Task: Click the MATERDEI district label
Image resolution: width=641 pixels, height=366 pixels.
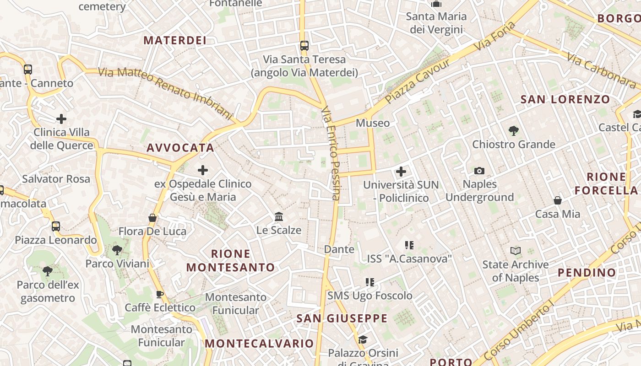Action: pyautogui.click(x=175, y=40)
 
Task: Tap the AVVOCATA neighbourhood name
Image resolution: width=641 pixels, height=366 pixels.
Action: pyautogui.click(x=180, y=148)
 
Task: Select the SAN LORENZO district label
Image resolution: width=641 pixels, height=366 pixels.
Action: pyautogui.click(x=565, y=99)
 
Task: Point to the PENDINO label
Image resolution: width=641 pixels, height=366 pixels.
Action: pyautogui.click(x=587, y=273)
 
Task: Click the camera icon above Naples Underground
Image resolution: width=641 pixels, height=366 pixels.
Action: pyautogui.click(x=479, y=171)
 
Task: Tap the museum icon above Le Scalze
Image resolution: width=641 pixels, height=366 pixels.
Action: pyautogui.click(x=279, y=216)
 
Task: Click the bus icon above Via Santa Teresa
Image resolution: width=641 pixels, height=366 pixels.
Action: pyautogui.click(x=304, y=46)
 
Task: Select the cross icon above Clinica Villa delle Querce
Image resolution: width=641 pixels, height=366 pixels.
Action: pyautogui.click(x=61, y=119)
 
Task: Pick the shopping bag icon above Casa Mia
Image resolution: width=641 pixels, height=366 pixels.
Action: pyautogui.click(x=558, y=200)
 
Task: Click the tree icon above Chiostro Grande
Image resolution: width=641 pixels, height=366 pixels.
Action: pyautogui.click(x=514, y=131)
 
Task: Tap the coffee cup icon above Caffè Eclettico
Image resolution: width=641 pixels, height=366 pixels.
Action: pyautogui.click(x=160, y=294)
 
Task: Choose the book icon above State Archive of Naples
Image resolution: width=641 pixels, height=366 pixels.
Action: pyautogui.click(x=516, y=251)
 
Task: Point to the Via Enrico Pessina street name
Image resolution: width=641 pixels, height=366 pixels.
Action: pyautogui.click(x=331, y=154)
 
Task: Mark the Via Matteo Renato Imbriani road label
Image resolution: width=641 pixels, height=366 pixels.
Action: pyautogui.click(x=166, y=91)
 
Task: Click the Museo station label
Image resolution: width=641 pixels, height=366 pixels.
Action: pyautogui.click(x=373, y=123)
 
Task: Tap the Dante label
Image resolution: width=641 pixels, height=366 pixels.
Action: pyautogui.click(x=339, y=249)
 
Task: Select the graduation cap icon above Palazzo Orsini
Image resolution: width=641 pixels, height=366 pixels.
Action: pyautogui.click(x=363, y=339)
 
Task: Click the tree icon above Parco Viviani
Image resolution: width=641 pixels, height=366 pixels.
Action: pyautogui.click(x=117, y=250)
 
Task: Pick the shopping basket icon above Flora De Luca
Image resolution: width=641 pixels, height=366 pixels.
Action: pyautogui.click(x=152, y=218)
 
